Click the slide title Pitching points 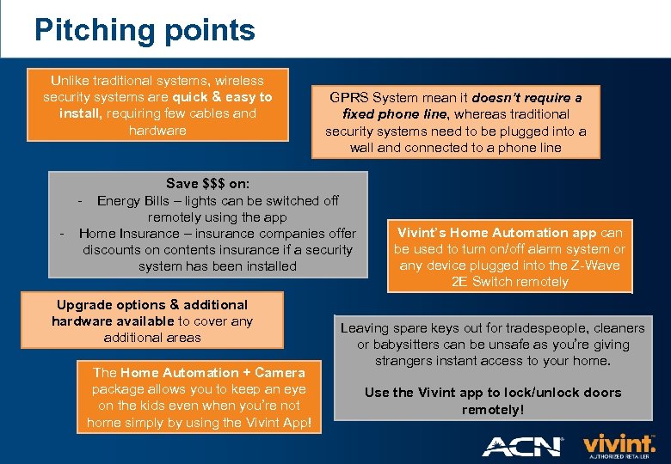tap(145, 30)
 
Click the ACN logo tap(522, 446)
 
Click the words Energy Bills tap(132, 200)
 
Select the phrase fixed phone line tap(395, 113)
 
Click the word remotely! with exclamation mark tap(492, 409)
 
